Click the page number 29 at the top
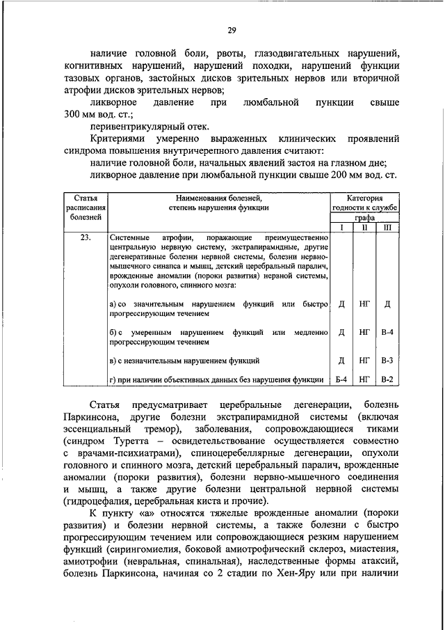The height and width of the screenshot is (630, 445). click(x=232, y=29)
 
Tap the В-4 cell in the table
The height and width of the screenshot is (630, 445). click(x=387, y=333)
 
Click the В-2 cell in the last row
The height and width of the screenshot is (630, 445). click(x=387, y=379)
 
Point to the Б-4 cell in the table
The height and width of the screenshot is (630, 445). click(x=341, y=379)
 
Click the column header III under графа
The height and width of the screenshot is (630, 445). click(x=387, y=227)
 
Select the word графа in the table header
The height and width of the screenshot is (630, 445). click(x=364, y=216)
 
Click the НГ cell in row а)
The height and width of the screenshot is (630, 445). click(x=364, y=304)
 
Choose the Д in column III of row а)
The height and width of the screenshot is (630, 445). click(x=387, y=304)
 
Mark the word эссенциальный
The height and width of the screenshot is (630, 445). click(x=94, y=430)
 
